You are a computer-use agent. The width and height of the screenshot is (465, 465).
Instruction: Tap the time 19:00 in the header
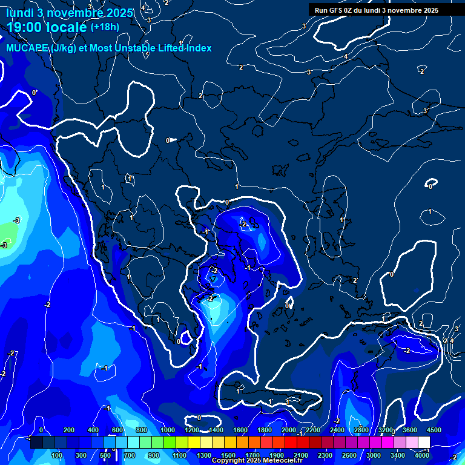[x=24, y=27]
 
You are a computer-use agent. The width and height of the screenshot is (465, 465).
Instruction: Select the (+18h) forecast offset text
[x=105, y=27]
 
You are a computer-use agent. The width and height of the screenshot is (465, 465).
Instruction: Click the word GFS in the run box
[x=335, y=10]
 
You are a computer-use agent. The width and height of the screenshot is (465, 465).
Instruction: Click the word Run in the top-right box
[x=322, y=10]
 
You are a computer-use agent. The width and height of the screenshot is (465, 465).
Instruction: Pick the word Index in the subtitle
[x=198, y=48]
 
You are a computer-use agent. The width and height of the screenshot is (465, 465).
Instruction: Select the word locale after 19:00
[x=65, y=27]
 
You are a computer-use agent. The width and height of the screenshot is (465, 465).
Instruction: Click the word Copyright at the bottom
[x=228, y=461]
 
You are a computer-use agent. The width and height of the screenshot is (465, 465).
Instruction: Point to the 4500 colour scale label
[x=434, y=430]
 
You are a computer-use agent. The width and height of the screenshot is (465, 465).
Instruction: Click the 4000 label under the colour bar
[x=421, y=455]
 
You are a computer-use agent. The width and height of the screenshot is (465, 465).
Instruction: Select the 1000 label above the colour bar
[x=168, y=430]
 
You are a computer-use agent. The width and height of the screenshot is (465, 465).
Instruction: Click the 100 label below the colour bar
[x=58, y=455]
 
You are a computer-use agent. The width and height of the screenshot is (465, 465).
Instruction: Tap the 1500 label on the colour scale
[x=228, y=455]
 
